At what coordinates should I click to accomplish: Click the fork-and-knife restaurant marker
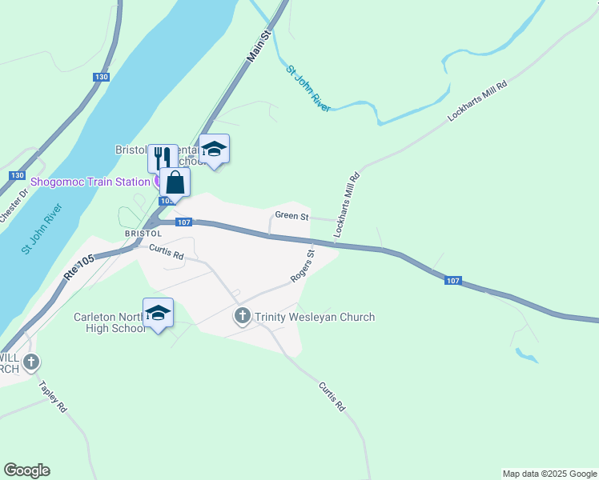(163, 157)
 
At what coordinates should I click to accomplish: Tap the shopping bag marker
(175, 183)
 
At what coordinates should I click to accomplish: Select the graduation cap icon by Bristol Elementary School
(214, 149)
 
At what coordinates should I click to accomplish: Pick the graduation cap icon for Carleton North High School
(159, 313)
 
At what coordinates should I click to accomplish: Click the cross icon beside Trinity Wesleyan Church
(243, 317)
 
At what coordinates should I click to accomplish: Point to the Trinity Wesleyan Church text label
(314, 317)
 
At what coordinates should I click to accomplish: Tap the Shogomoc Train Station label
(90, 182)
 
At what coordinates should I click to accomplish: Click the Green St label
(291, 216)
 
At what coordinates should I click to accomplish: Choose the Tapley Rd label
(53, 395)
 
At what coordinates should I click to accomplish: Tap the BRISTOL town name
(143, 234)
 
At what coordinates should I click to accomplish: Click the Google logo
(26, 470)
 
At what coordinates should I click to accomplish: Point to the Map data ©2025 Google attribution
(549, 474)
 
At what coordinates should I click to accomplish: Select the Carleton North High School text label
(107, 322)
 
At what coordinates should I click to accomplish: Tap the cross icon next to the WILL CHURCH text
(30, 362)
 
